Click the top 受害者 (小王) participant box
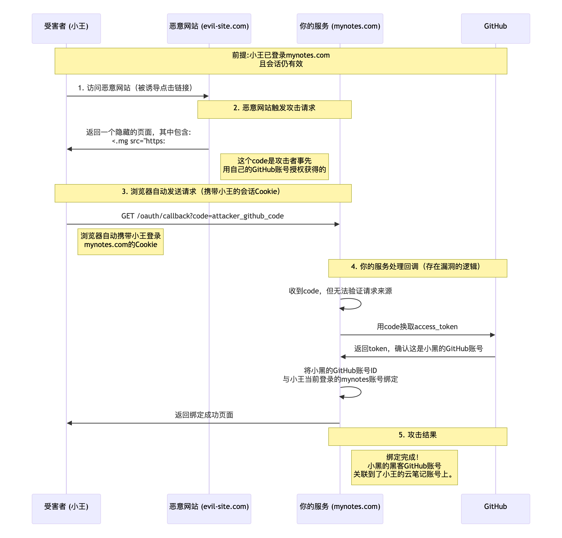(66, 28)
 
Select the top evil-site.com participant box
(209, 28)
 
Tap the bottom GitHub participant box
(495, 508)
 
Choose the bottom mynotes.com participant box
(340, 508)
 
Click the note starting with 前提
(281, 61)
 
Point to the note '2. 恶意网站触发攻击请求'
(274, 109)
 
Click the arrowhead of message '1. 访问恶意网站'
(206, 96)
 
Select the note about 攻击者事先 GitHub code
(274, 167)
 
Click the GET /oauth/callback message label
(203, 216)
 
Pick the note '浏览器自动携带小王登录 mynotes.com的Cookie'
(120, 241)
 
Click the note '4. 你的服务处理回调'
(417, 268)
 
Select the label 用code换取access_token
(417, 326)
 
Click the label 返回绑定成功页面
(204, 415)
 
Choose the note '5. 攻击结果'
(417, 436)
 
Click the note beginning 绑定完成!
(404, 467)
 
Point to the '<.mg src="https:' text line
(138, 141)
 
